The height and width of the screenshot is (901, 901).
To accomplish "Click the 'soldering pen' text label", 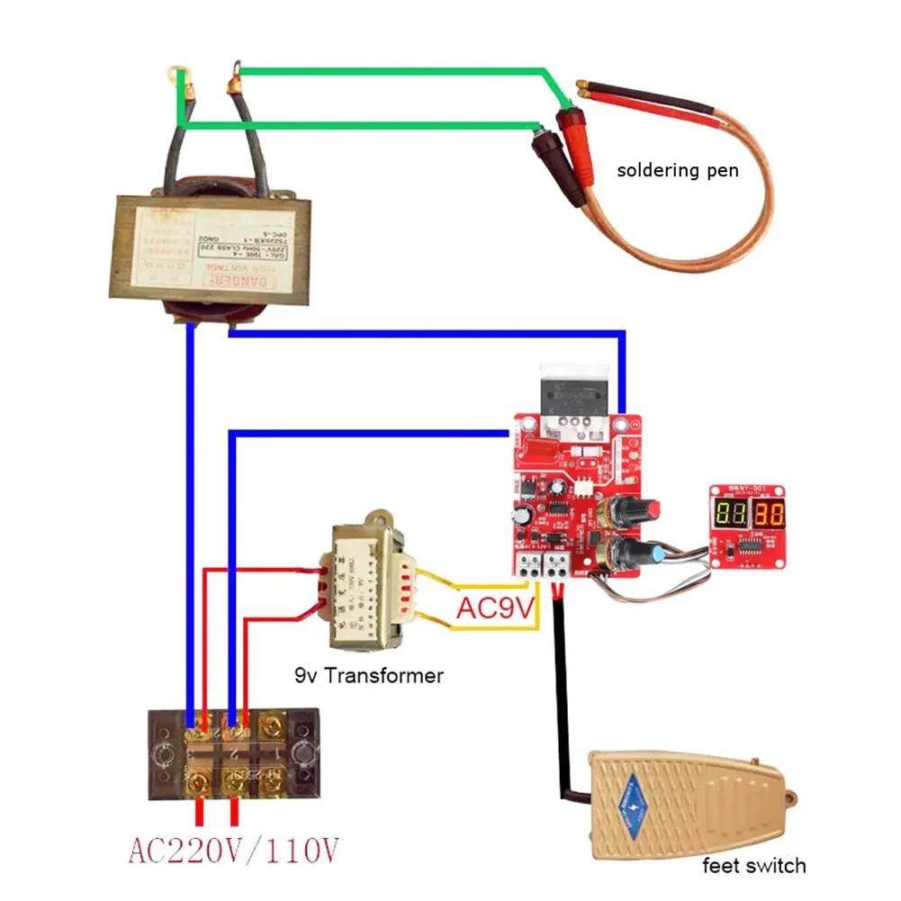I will tap(678, 169).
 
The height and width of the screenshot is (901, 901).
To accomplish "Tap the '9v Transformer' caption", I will tap(369, 675).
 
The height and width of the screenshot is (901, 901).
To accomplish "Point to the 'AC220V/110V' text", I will tap(234, 849).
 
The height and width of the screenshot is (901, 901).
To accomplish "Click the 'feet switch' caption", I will tap(754, 866).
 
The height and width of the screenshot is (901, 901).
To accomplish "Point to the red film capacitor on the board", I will tap(538, 446).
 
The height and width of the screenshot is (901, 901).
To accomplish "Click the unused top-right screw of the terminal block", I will tap(271, 725).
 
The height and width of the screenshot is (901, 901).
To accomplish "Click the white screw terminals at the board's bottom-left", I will tap(544, 564).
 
